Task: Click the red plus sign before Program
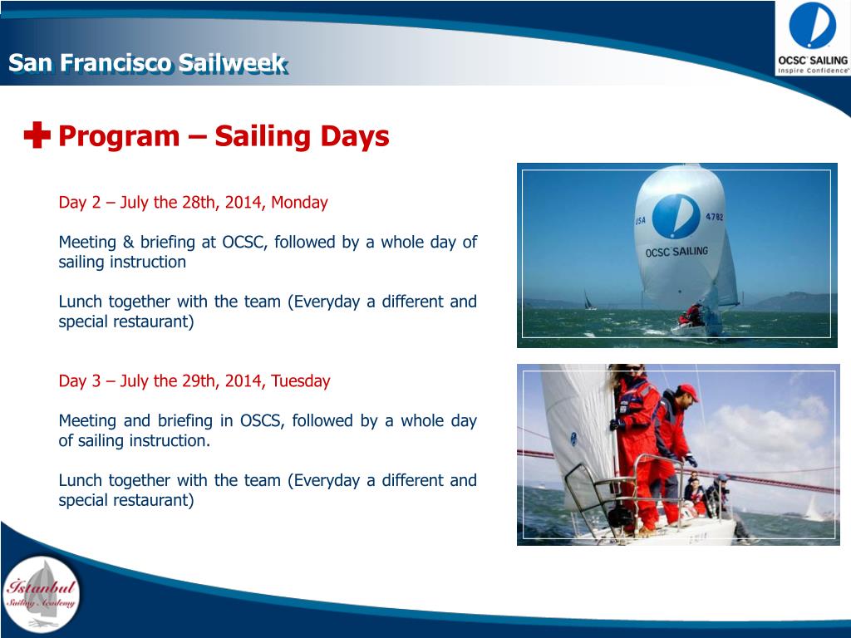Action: pyautogui.click(x=37, y=135)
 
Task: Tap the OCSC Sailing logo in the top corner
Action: pyautogui.click(x=813, y=38)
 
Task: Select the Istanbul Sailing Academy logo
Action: pyautogui.click(x=41, y=594)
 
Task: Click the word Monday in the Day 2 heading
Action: pyautogui.click(x=299, y=203)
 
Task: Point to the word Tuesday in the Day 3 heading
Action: pyautogui.click(x=301, y=380)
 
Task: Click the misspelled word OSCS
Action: pyautogui.click(x=262, y=421)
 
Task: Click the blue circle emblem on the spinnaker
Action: pyautogui.click(x=676, y=217)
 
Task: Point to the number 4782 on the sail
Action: pyautogui.click(x=714, y=217)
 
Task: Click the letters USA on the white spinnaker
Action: pyautogui.click(x=641, y=220)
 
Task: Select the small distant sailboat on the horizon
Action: pyautogui.click(x=588, y=300)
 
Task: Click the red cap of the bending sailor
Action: pyautogui.click(x=687, y=391)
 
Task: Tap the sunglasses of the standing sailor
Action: pyautogui.click(x=632, y=368)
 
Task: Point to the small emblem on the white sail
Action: pyautogui.click(x=573, y=439)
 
